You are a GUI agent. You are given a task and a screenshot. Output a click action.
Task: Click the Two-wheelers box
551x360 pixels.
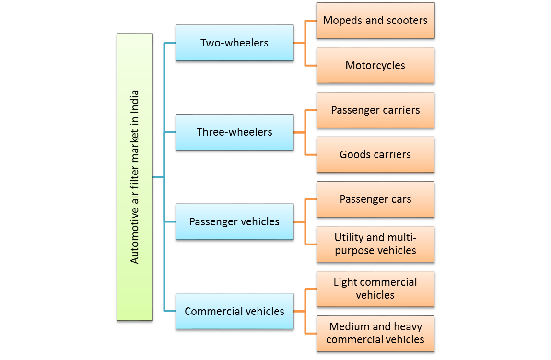click(234, 43)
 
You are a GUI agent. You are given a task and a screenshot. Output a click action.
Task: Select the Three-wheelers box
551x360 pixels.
click(234, 132)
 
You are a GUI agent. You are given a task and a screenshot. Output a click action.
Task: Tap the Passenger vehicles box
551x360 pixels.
click(234, 221)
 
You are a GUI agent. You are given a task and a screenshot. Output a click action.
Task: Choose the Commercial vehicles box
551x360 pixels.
click(234, 311)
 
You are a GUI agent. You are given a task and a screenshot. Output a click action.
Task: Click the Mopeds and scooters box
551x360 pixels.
click(375, 20)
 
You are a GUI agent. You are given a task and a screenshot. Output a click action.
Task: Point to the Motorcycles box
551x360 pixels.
click(375, 65)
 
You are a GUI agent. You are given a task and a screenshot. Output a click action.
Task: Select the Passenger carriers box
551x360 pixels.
click(375, 110)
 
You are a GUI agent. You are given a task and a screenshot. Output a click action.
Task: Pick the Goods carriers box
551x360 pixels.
click(375, 154)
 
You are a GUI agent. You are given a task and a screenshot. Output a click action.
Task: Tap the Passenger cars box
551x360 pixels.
click(375, 199)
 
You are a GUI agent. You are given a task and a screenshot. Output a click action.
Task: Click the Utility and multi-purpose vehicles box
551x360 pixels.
click(375, 244)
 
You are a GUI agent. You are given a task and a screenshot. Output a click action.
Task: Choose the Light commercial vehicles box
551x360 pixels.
click(375, 289)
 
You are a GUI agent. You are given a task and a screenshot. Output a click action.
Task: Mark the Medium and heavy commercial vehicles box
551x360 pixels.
click(375, 333)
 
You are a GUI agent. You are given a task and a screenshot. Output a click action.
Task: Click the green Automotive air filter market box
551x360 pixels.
click(134, 177)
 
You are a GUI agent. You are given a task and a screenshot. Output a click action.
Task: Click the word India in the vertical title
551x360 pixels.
click(135, 100)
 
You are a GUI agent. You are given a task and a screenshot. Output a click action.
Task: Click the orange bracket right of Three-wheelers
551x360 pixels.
click(305, 132)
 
